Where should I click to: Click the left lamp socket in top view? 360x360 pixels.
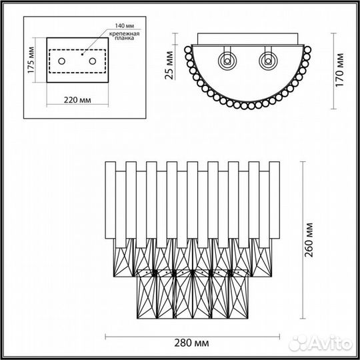[227, 60]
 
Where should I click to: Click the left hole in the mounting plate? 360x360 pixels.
[61, 61]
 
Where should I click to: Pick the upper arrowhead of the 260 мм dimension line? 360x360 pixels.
[304, 163]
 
